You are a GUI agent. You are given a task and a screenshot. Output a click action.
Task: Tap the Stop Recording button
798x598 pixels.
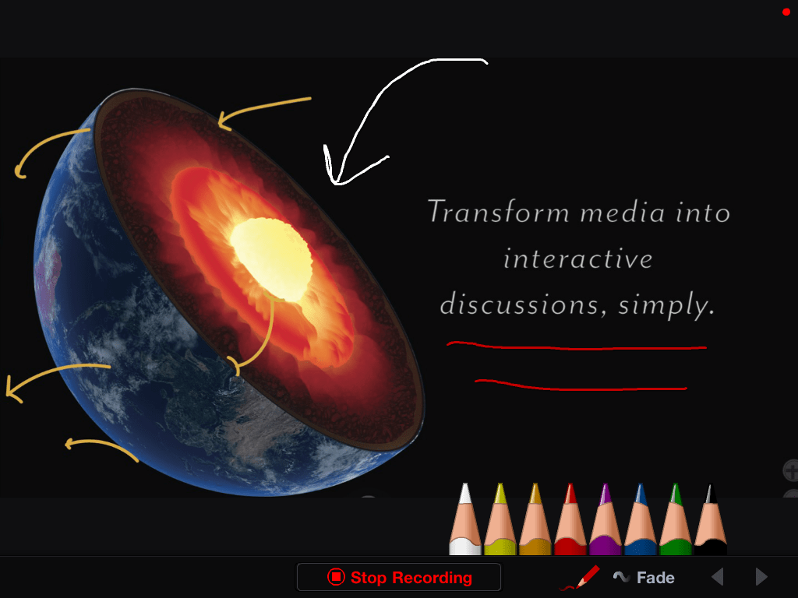click(399, 577)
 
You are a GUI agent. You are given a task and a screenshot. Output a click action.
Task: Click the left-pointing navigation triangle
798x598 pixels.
click(718, 577)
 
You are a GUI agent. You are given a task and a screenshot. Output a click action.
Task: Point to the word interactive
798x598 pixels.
click(577, 259)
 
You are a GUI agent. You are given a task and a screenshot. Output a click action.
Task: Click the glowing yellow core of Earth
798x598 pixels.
click(271, 259)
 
